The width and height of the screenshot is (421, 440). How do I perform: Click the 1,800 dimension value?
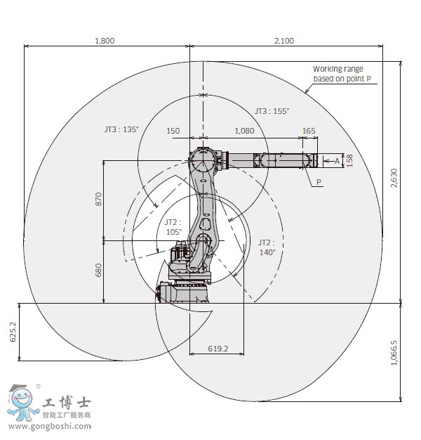pos(105,41)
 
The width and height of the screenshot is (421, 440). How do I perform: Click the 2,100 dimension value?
pos(284,41)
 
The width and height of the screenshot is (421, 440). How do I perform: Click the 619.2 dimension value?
pos(219,348)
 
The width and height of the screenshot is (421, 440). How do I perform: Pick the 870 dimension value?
pos(98,200)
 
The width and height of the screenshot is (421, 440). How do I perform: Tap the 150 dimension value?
pos(173,131)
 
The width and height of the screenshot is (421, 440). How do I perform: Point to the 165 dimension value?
pos(309,131)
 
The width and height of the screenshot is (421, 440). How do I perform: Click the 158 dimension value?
pos(349,160)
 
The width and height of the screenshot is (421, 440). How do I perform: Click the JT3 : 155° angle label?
pos(272,111)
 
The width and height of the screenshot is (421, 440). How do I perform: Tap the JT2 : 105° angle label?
pos(173,226)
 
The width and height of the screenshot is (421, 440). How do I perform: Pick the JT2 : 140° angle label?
pos(267,247)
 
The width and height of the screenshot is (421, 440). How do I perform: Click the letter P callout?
pos(319,181)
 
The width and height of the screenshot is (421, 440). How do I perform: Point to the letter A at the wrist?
pos(337,161)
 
